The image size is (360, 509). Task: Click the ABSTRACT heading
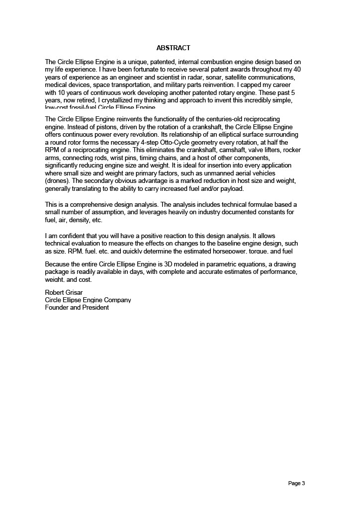pyautogui.click(x=173, y=48)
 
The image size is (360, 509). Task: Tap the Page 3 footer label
pyautogui.click(x=296, y=483)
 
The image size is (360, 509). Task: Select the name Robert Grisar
pyautogui.click(x=64, y=292)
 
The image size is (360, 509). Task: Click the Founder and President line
pyautogui.click(x=77, y=307)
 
